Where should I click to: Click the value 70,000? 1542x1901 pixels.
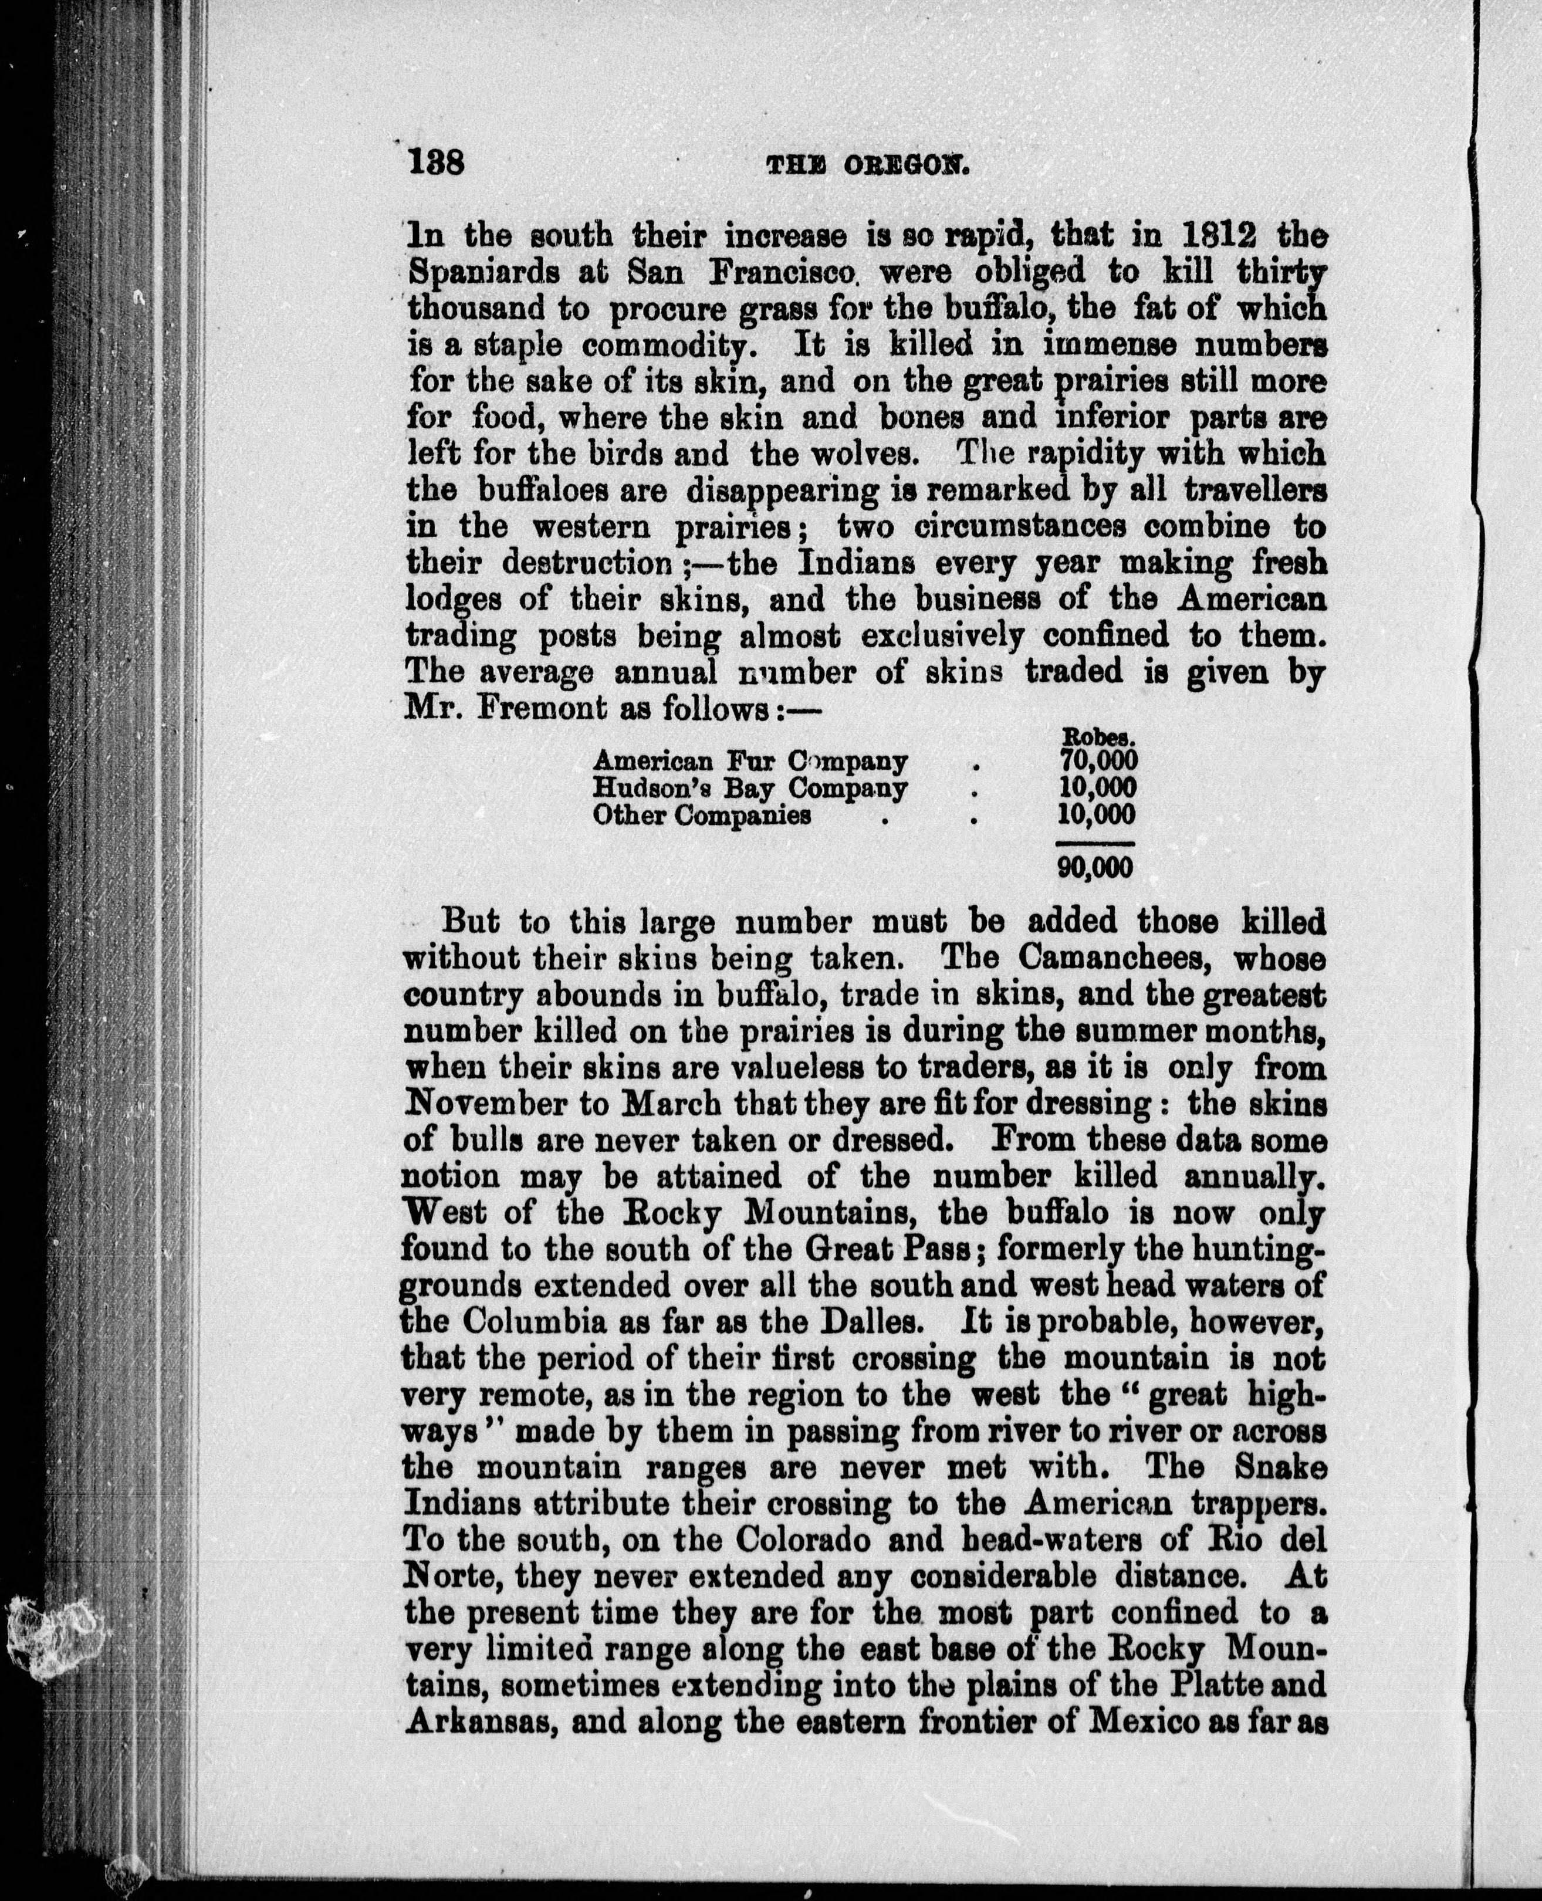(x=1098, y=760)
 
